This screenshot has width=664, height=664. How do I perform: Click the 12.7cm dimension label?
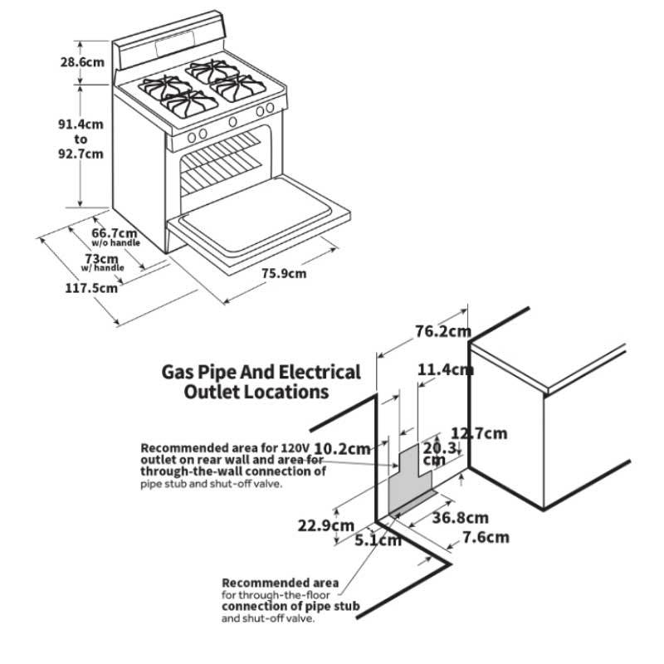[479, 432]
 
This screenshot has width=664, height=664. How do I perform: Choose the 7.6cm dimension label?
[486, 537]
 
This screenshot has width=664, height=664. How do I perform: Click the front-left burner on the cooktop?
[188, 103]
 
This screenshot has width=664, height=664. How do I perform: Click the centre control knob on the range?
[232, 121]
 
